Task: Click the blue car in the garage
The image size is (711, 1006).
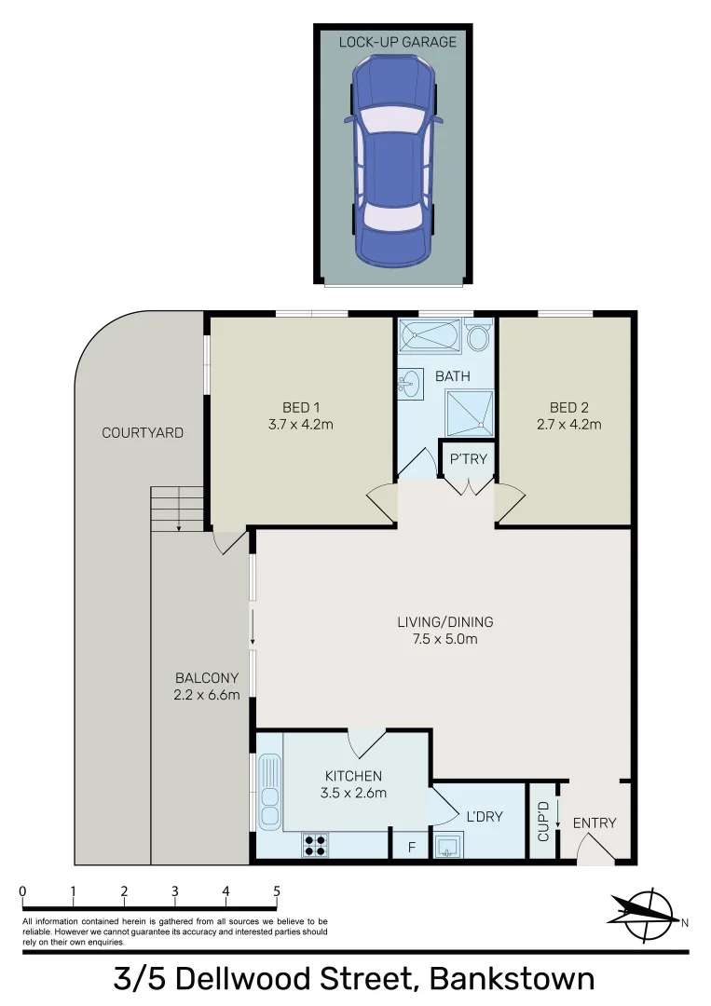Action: coord(392,159)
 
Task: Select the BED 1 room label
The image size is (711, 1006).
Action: coord(301,407)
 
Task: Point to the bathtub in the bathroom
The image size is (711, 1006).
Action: coord(430,335)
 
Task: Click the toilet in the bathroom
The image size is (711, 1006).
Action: coord(479,335)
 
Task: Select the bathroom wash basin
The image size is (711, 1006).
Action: coord(409,382)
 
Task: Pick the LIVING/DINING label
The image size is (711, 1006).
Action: coord(445,622)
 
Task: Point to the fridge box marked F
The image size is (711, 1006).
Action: coord(411,848)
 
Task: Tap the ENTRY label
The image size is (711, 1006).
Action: coord(595,822)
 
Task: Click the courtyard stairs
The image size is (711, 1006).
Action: coord(177,509)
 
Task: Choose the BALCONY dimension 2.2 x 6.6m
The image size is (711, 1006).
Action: coord(208,695)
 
